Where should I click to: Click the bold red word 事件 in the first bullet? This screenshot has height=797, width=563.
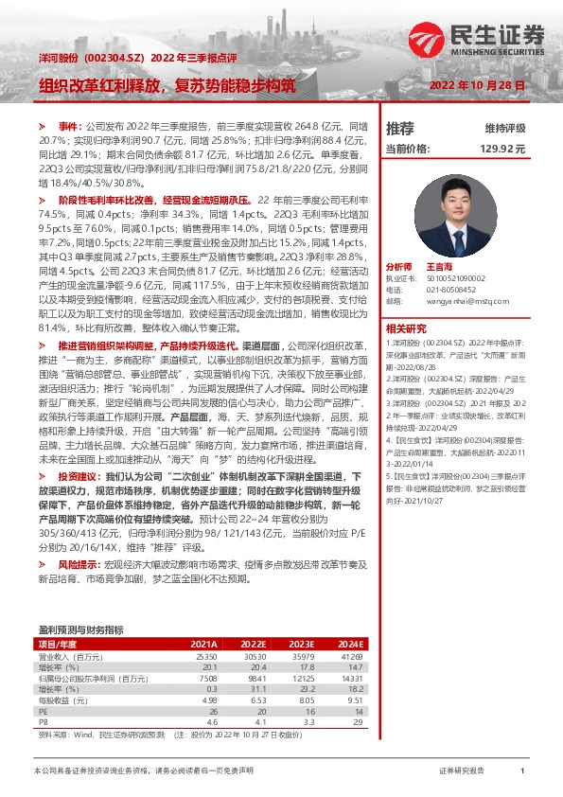[69, 125]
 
